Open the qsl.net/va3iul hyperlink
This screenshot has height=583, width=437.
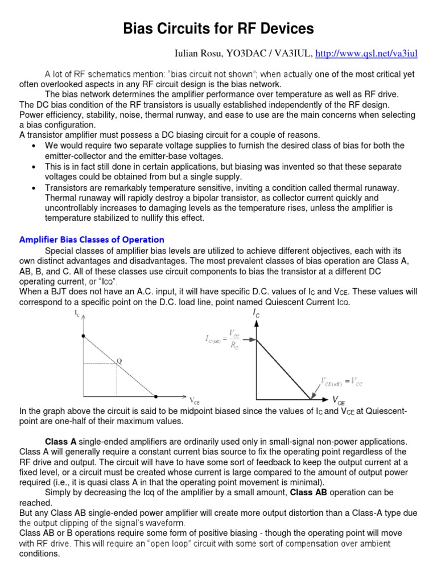pos(366,54)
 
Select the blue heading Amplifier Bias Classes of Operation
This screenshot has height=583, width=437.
pos(92,239)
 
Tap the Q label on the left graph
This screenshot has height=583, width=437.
pos(119,360)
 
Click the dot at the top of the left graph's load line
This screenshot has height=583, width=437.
pos(84,336)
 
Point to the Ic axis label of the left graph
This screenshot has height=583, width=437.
pos(77,314)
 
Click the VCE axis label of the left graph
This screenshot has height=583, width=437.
pos(195,400)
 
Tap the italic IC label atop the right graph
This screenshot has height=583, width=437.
pos(257,313)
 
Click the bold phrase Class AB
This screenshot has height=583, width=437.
pos(308,492)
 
